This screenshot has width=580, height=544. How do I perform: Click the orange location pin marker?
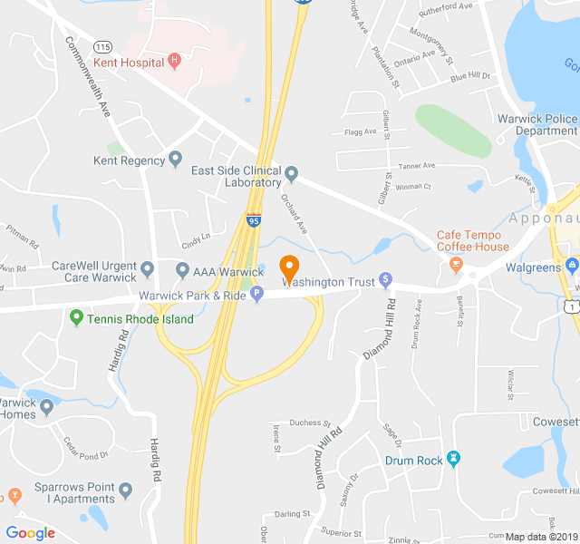289,268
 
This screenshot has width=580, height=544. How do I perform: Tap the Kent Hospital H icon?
175,62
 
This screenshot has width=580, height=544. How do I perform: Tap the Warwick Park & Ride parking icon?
256,293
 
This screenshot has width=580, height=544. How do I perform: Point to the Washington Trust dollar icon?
385,279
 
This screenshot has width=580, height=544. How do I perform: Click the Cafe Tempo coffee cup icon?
455,265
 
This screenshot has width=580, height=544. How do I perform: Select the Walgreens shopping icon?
571,267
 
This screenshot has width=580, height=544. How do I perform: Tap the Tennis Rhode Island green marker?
76,318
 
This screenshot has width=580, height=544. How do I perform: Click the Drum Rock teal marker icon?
454,460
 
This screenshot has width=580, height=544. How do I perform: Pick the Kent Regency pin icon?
176,160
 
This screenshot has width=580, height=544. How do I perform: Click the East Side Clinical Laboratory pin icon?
291,172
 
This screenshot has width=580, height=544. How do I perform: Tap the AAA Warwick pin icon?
181,270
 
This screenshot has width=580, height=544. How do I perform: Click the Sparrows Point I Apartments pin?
126,491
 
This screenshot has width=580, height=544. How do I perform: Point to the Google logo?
30,532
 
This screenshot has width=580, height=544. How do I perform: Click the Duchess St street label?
310,423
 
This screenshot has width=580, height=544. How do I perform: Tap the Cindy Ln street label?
195,243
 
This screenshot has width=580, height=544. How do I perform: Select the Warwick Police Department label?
537,125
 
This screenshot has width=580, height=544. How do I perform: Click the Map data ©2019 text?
540,537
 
